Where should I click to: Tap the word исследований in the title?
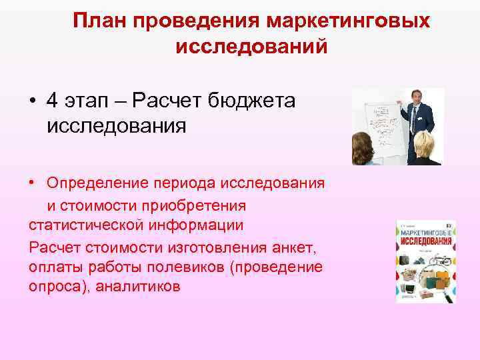tap(251, 47)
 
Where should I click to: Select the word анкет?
tap(295, 247)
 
